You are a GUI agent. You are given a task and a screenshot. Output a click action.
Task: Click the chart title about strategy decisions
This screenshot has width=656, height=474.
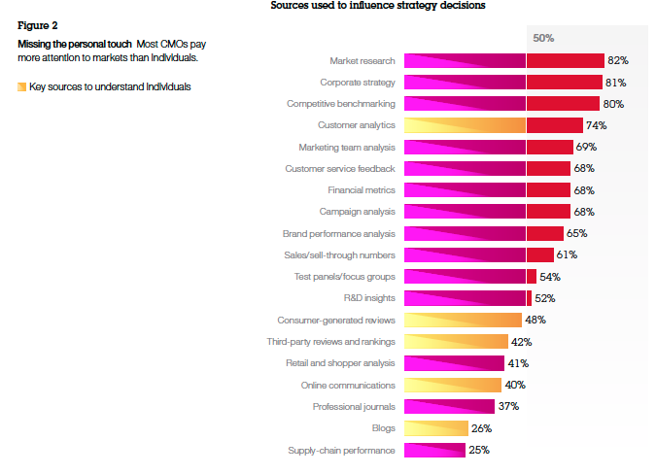(378, 6)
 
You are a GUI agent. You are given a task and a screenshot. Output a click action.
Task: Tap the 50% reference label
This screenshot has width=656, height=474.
(543, 38)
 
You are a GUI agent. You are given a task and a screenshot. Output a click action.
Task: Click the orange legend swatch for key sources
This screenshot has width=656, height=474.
(21, 86)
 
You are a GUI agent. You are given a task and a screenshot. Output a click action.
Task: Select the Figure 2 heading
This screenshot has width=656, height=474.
(38, 25)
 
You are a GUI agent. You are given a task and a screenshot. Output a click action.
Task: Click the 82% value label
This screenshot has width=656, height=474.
(618, 60)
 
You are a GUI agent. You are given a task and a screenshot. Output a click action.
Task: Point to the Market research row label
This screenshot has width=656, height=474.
(363, 61)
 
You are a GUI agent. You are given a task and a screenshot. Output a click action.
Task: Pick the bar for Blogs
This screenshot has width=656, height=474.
(436, 428)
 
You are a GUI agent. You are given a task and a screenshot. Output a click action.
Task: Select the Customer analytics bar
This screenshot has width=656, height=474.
(494, 125)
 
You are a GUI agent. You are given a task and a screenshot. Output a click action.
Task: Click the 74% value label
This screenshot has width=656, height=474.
(596, 125)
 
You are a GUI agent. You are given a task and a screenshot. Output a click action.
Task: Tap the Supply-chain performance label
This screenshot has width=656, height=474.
(341, 450)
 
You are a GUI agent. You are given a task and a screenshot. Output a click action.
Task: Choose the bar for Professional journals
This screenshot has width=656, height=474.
(449, 406)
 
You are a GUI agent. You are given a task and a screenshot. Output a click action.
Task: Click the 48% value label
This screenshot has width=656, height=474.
(535, 320)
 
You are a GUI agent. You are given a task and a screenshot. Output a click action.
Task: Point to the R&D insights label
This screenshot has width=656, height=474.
(369, 298)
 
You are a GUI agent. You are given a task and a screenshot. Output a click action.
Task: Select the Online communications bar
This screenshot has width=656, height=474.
(453, 385)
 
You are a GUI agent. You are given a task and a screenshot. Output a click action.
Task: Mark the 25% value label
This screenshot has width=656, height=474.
(479, 450)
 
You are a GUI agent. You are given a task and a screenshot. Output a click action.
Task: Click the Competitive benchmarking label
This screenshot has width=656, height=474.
(341, 104)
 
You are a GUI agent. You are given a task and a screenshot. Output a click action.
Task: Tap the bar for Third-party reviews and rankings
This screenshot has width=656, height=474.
(456, 342)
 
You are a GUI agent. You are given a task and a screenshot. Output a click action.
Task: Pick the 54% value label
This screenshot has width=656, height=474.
(550, 277)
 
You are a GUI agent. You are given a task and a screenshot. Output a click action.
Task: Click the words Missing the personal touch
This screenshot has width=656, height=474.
(75, 45)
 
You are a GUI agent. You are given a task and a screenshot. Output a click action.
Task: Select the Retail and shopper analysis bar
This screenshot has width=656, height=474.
(455, 363)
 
